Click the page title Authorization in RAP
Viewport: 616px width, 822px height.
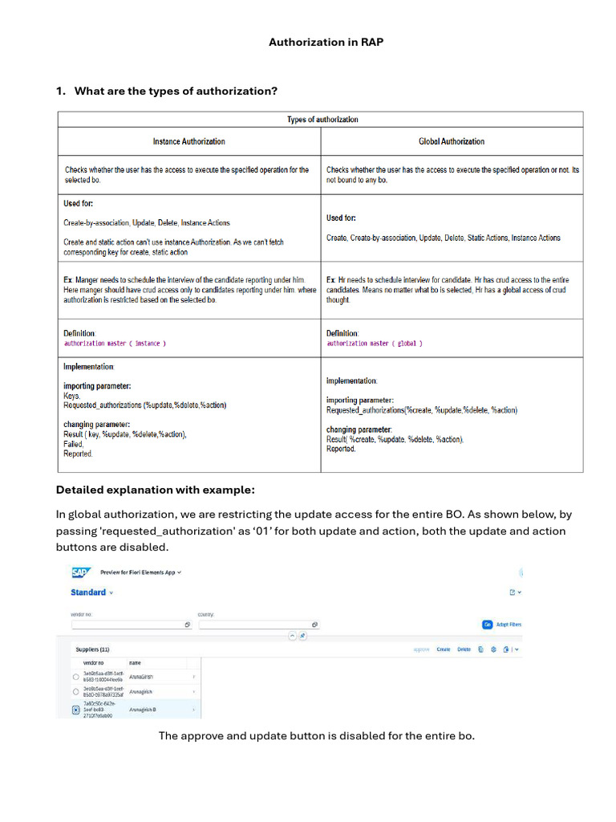[326, 42]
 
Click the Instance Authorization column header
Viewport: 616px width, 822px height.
[188, 141]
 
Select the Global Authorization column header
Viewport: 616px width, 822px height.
[451, 141]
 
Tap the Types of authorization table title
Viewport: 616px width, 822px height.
[322, 120]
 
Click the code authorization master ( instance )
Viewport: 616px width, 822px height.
[115, 344]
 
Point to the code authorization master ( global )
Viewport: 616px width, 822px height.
[374, 344]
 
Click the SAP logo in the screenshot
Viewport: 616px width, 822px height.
[79, 572]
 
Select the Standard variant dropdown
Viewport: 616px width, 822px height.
[91, 592]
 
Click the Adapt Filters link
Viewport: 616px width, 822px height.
[509, 624]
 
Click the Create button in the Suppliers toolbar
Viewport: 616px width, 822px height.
[443, 649]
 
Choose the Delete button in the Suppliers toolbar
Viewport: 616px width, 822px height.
[464, 649]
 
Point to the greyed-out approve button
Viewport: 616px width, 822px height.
[421, 649]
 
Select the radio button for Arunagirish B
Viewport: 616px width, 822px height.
[75, 710]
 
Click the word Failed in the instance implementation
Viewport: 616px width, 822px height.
[73, 444]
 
